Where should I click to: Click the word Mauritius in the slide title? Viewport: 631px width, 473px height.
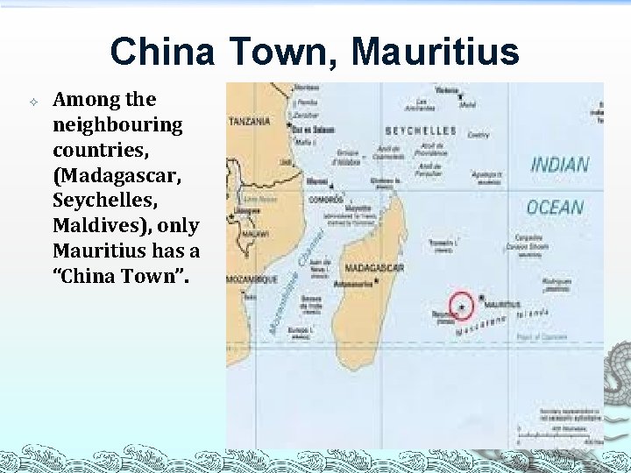pos(435,52)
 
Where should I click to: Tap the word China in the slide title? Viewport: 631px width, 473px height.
pos(162,52)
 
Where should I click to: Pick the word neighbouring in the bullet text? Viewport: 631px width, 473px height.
pos(117,124)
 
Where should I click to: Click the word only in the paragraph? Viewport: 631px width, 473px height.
pos(179,225)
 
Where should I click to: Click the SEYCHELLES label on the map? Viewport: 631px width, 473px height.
pos(421,131)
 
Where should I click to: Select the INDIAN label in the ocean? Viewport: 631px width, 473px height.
pos(559,164)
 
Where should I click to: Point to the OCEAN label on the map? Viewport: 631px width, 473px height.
pos(555,207)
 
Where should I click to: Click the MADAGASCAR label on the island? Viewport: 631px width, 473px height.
pos(373,267)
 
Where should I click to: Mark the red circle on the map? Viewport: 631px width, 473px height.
pos(461,306)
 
